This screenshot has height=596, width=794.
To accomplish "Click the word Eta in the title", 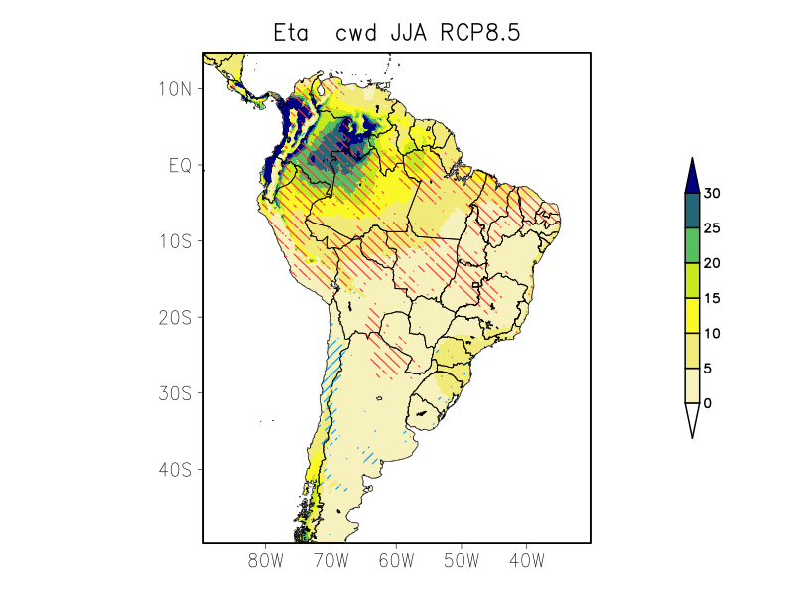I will (x=293, y=33).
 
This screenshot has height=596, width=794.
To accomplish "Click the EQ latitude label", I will (x=180, y=166).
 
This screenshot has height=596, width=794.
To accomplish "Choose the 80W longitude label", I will (x=266, y=560).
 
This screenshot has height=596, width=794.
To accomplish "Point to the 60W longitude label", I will (x=396, y=560).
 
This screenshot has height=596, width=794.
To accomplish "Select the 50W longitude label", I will (x=462, y=560).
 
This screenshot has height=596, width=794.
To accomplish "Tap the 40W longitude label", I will (x=526, y=560).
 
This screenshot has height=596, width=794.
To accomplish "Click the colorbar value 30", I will (x=712, y=194).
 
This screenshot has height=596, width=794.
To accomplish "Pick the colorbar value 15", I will (x=712, y=299).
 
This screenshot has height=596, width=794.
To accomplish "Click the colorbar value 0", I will (x=708, y=403).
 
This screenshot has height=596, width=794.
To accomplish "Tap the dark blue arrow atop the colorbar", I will (x=693, y=176).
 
